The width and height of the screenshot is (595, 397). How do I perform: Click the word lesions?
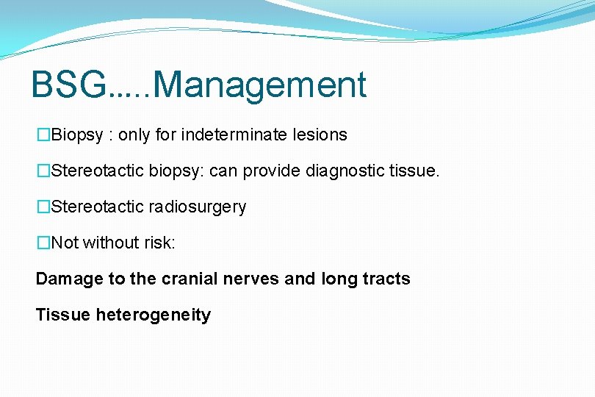[320, 135]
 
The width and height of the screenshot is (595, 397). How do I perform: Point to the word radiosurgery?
[198, 207]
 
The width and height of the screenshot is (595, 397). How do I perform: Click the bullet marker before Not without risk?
[43, 243]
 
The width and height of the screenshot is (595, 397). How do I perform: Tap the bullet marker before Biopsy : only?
[43, 135]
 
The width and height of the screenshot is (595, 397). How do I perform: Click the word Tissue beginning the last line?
[63, 315]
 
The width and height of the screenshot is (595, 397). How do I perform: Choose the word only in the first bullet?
[134, 135]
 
